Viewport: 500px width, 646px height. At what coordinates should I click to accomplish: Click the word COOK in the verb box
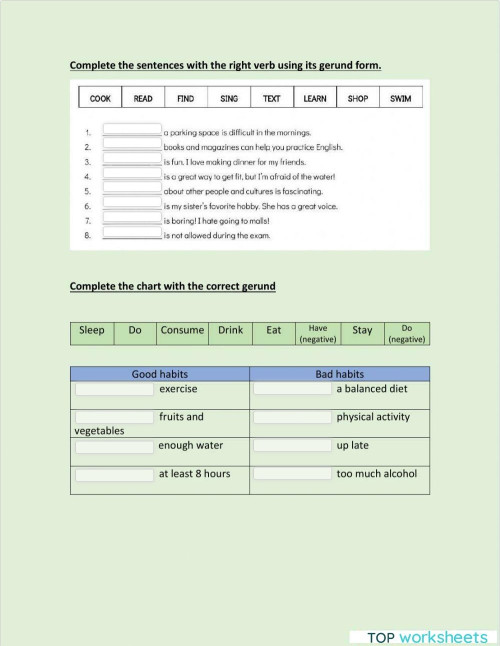click(100, 99)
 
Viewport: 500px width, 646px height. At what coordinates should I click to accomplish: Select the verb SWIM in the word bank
click(400, 99)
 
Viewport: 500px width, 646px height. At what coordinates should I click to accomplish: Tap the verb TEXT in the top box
click(272, 99)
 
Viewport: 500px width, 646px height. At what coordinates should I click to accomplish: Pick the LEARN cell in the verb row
click(315, 99)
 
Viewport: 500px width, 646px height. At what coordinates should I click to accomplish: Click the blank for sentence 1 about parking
click(132, 131)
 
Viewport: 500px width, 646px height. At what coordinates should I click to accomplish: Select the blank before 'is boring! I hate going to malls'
click(132, 220)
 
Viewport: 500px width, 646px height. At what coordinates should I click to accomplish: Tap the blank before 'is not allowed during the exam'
click(132, 235)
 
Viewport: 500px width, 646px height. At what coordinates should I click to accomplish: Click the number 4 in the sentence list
click(88, 176)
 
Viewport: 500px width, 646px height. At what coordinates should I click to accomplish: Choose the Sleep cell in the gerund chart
click(92, 331)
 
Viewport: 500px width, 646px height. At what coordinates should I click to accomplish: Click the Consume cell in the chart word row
click(182, 331)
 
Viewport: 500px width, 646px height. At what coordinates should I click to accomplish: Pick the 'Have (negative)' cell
click(319, 334)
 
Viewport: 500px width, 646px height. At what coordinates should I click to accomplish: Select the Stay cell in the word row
click(362, 331)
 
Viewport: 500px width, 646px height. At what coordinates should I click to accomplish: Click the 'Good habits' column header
click(159, 374)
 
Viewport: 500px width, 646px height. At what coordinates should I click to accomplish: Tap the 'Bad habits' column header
click(339, 374)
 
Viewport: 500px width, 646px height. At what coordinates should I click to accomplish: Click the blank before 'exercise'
click(115, 389)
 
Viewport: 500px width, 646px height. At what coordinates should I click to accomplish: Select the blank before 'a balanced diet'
click(292, 389)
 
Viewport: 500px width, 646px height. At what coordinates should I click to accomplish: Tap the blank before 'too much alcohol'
click(292, 474)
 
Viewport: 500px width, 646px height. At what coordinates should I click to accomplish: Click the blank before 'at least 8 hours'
click(115, 474)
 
